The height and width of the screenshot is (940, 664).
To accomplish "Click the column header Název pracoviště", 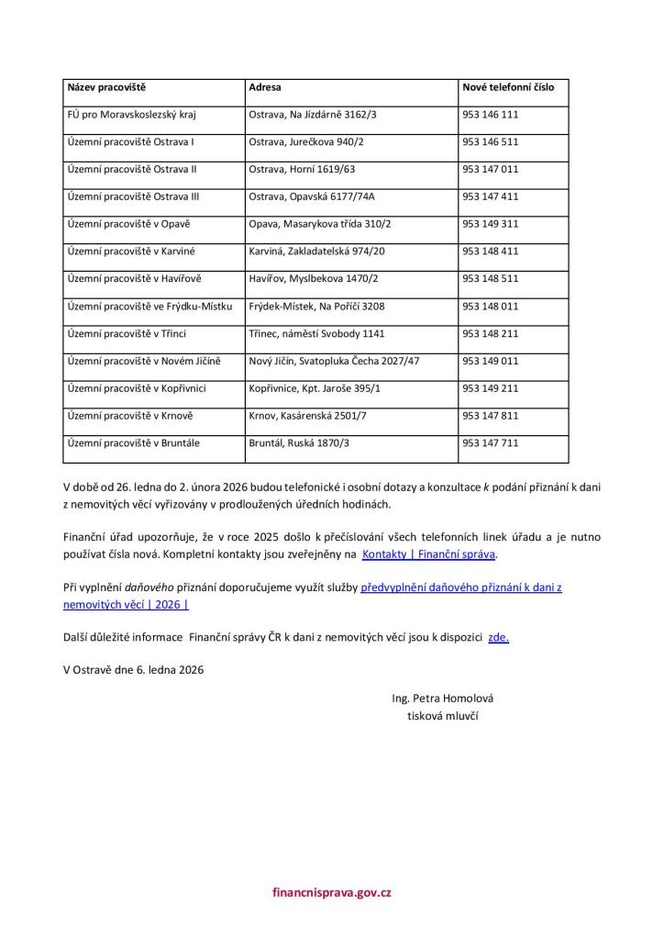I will [x=106, y=87].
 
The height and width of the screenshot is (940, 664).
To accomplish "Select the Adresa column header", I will [x=265, y=87].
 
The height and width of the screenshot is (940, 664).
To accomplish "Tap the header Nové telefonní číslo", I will [x=508, y=87].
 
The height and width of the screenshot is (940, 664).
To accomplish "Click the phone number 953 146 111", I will [x=491, y=115].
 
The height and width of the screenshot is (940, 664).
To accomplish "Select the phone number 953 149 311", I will [x=491, y=224].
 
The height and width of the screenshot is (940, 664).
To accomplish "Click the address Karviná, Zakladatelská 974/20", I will [x=316, y=251].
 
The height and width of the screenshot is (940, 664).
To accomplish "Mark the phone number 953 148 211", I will [x=491, y=333].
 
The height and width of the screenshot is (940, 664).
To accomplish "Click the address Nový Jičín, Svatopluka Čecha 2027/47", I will [x=334, y=361].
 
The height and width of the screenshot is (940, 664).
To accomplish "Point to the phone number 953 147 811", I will [x=491, y=416].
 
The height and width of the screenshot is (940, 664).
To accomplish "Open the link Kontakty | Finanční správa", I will [x=429, y=554].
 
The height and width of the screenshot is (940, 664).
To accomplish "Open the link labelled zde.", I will [x=498, y=636].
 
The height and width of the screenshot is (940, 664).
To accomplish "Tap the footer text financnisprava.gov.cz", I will [x=332, y=891].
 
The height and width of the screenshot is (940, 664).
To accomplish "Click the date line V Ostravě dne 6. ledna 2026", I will [x=134, y=669].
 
